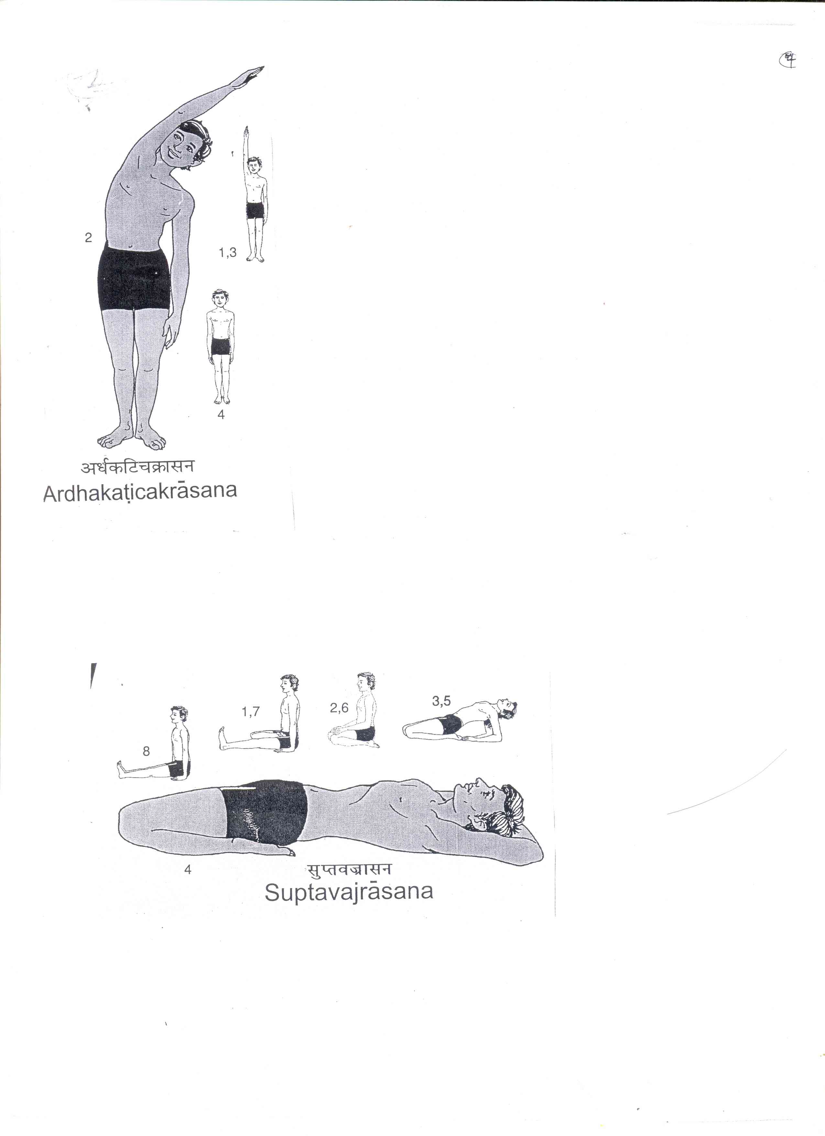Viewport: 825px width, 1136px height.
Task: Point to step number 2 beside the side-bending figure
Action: pyautogui.click(x=89, y=238)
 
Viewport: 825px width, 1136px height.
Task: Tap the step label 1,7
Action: pyautogui.click(x=250, y=712)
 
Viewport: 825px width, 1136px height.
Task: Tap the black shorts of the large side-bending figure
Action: pyautogui.click(x=134, y=278)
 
